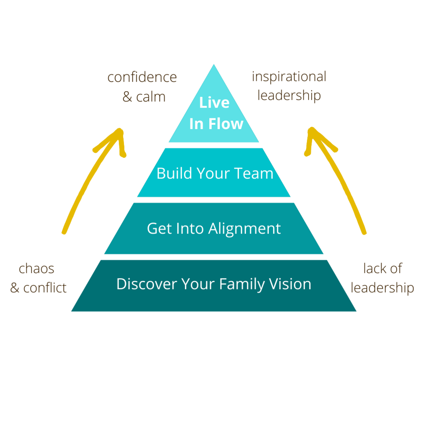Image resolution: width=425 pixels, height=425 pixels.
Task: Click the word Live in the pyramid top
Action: coord(214,103)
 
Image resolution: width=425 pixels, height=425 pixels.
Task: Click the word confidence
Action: coord(142,77)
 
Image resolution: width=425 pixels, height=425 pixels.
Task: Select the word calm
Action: coord(151,97)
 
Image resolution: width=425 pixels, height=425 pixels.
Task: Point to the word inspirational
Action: coord(289,76)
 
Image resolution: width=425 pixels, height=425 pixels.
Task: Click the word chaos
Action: coord(37,269)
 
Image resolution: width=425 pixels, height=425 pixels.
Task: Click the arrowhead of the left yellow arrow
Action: coord(119,134)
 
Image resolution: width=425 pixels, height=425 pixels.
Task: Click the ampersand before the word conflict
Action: coord(15,288)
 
